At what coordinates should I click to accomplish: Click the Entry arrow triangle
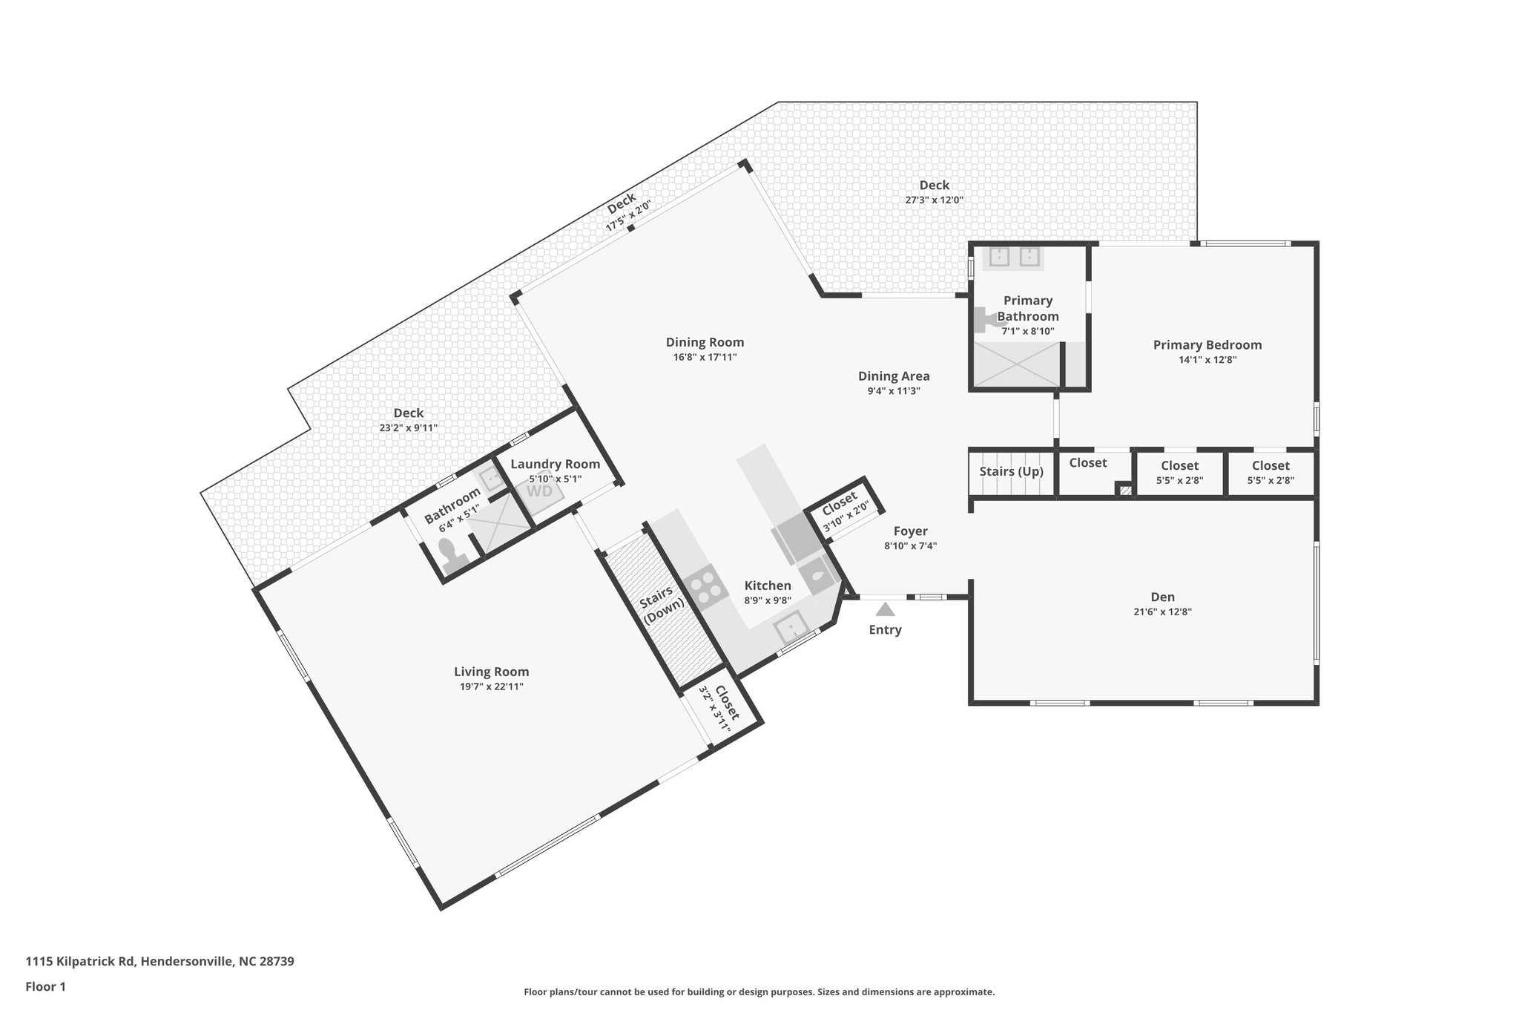[x=885, y=610]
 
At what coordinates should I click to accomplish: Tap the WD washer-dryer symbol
[x=539, y=491]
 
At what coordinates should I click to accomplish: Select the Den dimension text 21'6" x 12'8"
[x=1162, y=612]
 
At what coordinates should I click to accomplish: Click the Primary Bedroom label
[x=1207, y=345]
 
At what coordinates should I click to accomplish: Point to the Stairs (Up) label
[x=1011, y=472]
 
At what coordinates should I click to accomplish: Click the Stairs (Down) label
[x=662, y=605]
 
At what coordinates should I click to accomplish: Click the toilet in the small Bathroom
[x=449, y=553]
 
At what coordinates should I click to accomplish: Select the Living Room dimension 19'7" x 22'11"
[x=491, y=687]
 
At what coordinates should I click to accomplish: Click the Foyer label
[x=910, y=531]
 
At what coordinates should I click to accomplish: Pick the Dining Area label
[x=894, y=376]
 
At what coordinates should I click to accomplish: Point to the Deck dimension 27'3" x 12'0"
[x=934, y=200]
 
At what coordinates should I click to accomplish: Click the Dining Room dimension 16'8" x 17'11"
[x=705, y=357]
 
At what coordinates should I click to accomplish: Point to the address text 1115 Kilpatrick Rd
[x=81, y=961]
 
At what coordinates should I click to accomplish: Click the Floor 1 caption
[x=46, y=987]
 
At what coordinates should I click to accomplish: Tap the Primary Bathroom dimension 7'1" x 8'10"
[x=1027, y=332]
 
